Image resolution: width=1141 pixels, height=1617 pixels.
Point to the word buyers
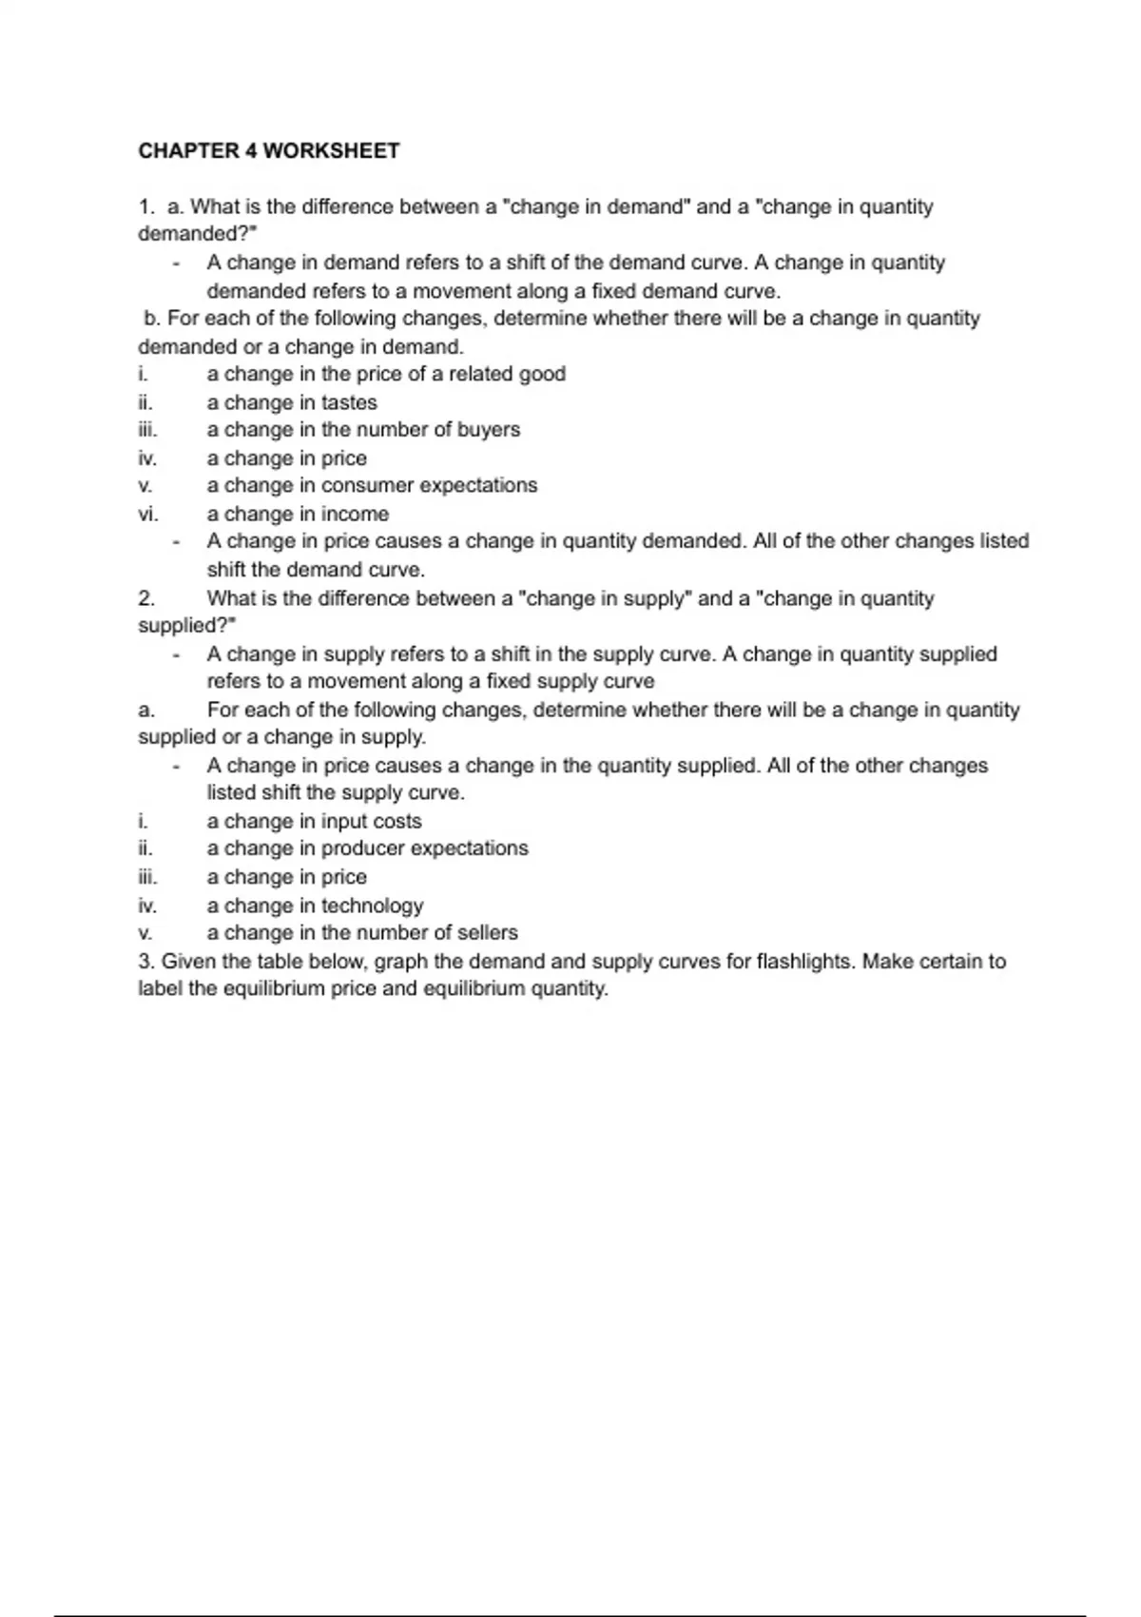(x=489, y=430)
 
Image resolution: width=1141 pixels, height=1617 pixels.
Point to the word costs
(x=396, y=822)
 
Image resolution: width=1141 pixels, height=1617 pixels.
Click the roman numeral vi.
(x=147, y=515)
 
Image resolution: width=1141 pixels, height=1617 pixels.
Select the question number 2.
(x=145, y=599)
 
